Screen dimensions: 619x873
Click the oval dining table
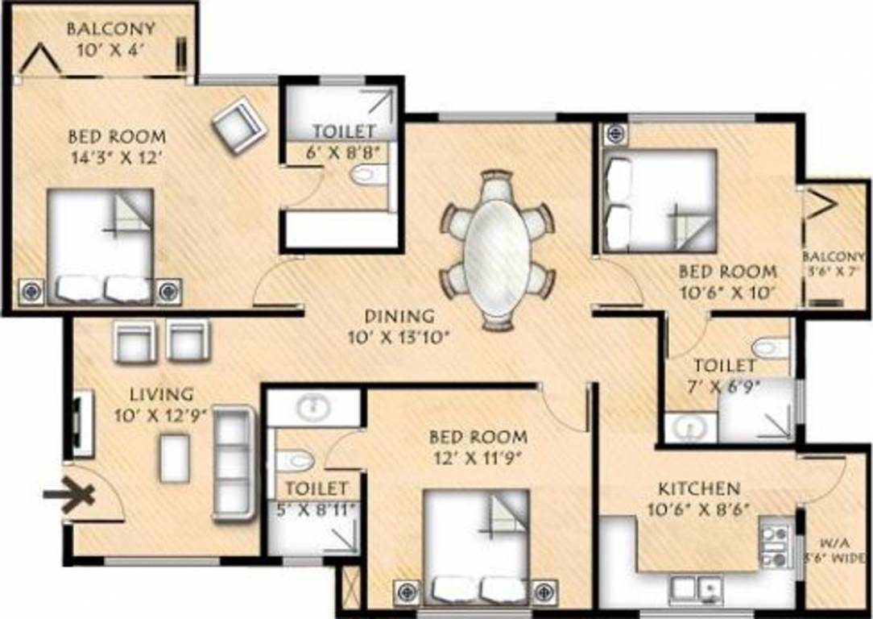(x=498, y=250)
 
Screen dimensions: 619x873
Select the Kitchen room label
(x=699, y=488)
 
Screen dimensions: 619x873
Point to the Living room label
(x=163, y=394)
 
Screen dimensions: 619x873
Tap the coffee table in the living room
(x=174, y=458)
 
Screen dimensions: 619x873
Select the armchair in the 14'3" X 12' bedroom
(x=238, y=124)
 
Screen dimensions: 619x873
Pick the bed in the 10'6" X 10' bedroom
(x=659, y=201)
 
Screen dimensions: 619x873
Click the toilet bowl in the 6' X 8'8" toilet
(x=370, y=174)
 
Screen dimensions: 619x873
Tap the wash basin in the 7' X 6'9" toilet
(x=688, y=427)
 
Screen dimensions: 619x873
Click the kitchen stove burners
(x=776, y=545)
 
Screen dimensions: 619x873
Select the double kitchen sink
(x=693, y=588)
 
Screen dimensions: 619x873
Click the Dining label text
(x=399, y=317)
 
